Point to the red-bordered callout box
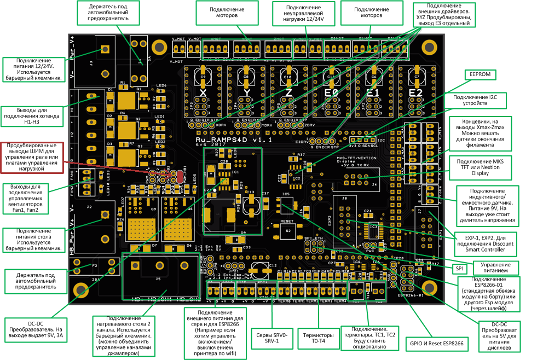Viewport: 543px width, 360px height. click(x=33, y=158)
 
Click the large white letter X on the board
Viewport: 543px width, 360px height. click(x=203, y=94)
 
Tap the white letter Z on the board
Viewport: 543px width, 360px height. click(x=288, y=94)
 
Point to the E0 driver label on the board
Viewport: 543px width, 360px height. click(x=331, y=94)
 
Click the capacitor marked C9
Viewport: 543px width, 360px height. click(x=203, y=77)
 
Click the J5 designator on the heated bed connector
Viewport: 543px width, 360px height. click(x=158, y=279)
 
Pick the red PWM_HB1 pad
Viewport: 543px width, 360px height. click(x=178, y=176)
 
